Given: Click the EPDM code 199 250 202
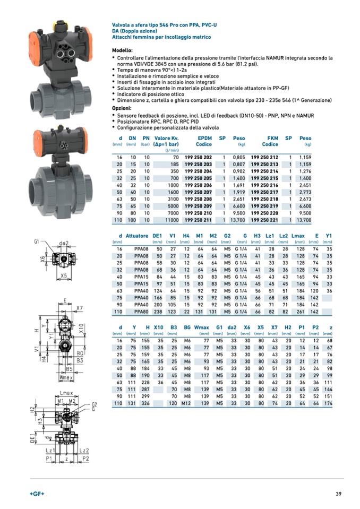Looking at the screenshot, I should point(198,158).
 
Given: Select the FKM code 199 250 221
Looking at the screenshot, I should point(264,220).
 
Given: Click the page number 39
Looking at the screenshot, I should point(338,494).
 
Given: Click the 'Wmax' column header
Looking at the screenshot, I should point(202,327).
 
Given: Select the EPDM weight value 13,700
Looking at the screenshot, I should point(237,220).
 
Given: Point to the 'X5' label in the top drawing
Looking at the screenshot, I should point(63,276).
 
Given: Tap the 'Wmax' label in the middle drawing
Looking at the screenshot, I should point(66,377).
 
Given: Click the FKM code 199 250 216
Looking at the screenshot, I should point(264,185).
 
